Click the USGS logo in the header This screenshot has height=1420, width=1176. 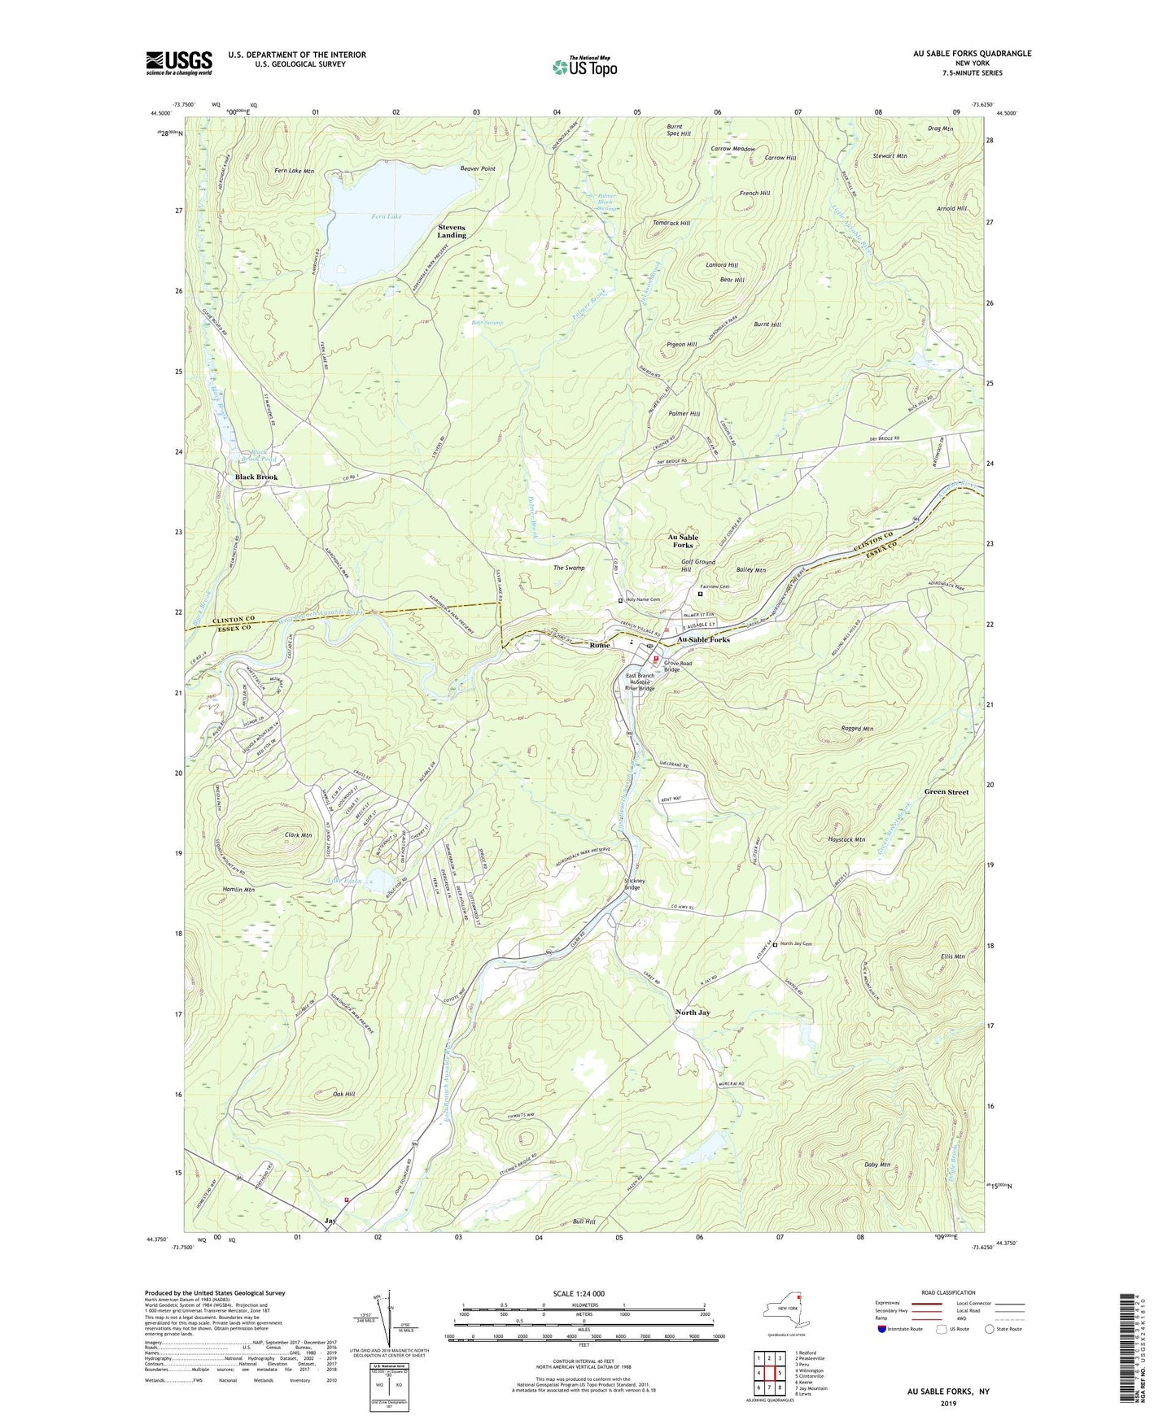tap(179, 63)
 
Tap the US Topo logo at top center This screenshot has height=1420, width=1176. tap(584, 66)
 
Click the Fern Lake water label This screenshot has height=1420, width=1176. tap(387, 216)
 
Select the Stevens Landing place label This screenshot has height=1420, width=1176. tap(452, 230)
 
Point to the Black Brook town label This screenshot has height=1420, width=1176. tap(256, 477)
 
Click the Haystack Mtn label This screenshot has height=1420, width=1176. tap(845, 839)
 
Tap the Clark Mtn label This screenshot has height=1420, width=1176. tap(298, 835)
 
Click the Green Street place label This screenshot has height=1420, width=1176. tap(946, 791)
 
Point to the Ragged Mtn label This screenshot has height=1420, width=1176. tap(856, 729)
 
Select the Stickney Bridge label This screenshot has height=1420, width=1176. tap(635, 884)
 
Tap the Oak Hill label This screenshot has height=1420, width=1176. tap(343, 1095)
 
